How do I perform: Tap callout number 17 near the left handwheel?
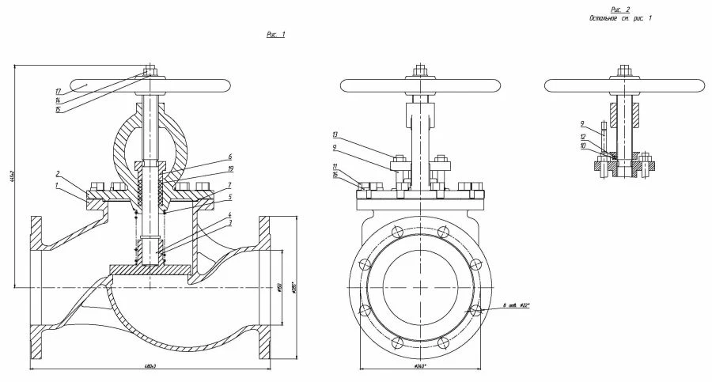59,91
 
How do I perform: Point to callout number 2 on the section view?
58,173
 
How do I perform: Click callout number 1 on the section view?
57,186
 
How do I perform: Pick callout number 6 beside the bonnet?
229,157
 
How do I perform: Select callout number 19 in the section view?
229,169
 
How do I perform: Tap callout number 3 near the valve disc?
229,225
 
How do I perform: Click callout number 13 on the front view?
336,134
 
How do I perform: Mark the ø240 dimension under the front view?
420,366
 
